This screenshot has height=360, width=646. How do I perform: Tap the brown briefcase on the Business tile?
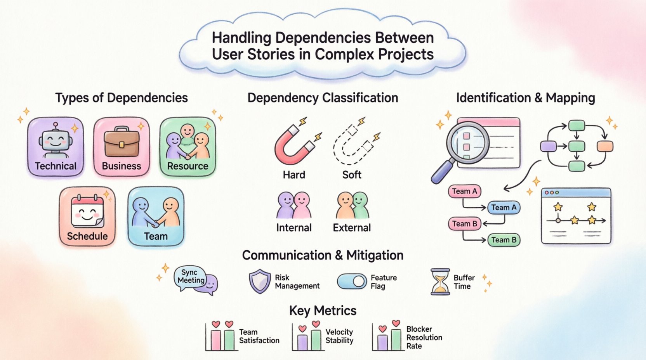(122, 142)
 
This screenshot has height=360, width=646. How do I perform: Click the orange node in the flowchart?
(604, 146)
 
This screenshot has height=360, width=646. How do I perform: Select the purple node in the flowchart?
(548, 146)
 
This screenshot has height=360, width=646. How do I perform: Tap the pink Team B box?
(464, 224)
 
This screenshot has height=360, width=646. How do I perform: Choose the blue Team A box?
(504, 208)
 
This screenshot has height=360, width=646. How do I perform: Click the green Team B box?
(504, 240)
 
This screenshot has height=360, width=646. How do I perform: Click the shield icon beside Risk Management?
(259, 281)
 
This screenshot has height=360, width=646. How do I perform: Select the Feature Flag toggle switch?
(352, 282)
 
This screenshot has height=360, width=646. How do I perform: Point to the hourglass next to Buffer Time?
(440, 282)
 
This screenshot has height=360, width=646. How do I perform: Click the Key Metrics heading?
(323, 311)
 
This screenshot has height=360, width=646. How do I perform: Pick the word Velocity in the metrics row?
(339, 332)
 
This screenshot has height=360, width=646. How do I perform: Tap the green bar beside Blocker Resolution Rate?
(396, 340)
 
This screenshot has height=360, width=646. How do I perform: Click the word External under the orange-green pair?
(352, 228)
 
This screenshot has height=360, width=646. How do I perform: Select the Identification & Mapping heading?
(525, 98)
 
